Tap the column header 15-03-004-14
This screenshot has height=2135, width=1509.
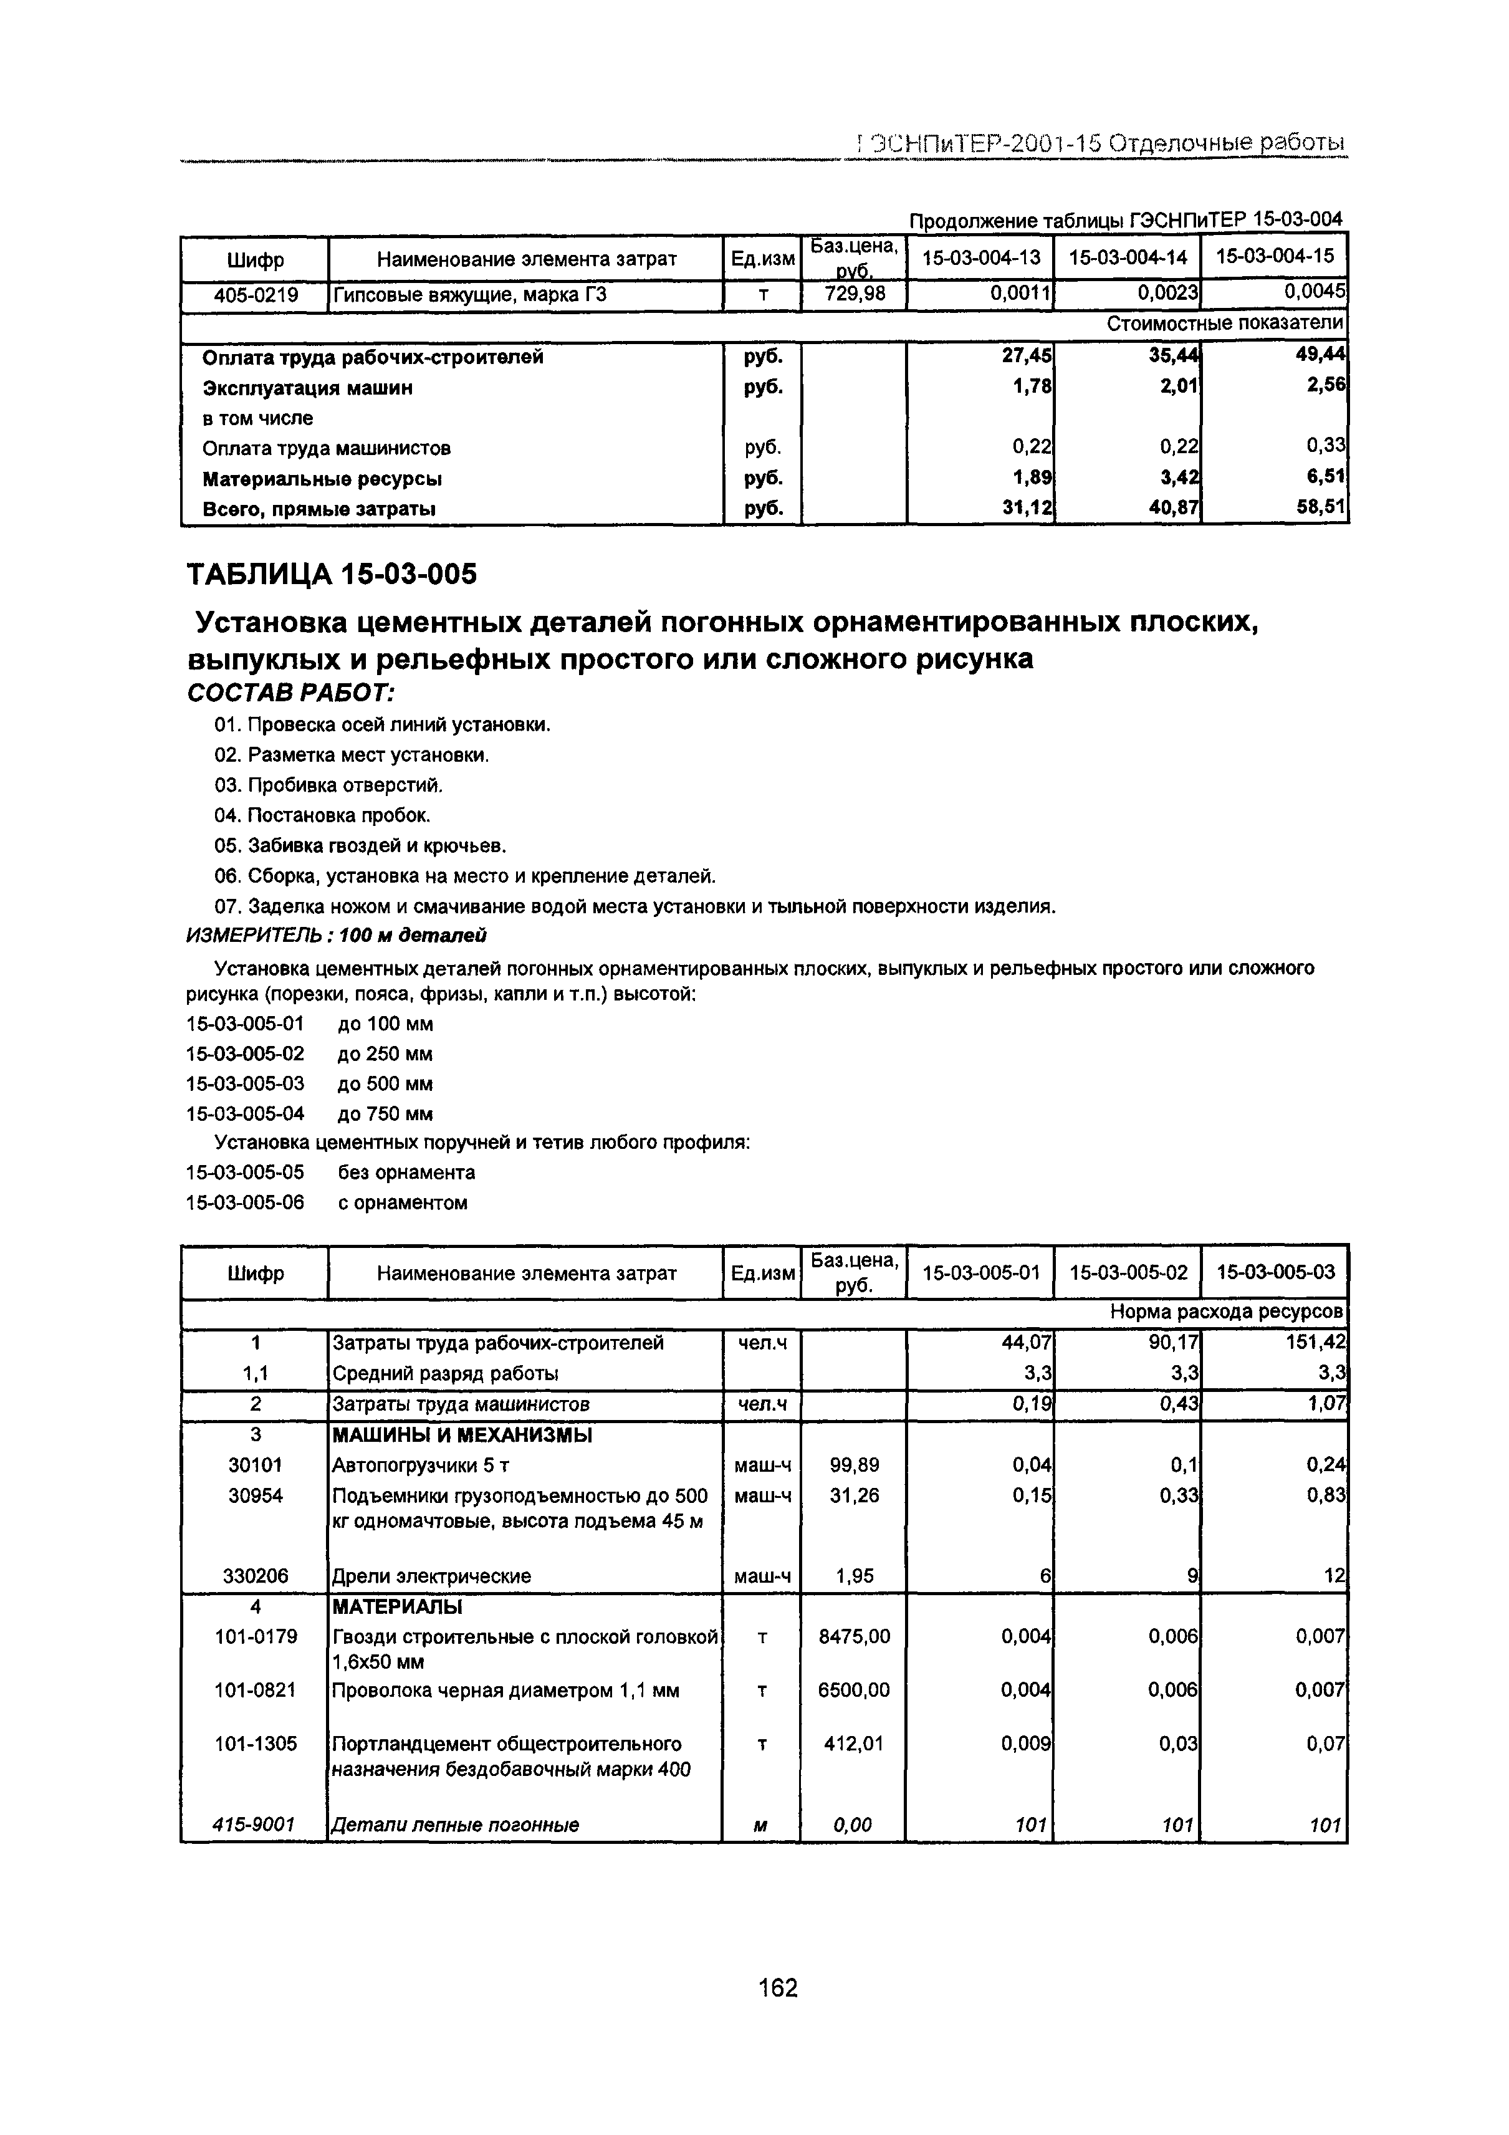click(1127, 259)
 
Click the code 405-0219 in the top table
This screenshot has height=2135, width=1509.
click(256, 295)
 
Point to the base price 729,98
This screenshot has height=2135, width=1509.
click(853, 295)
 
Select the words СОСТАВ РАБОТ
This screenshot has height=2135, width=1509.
click(291, 694)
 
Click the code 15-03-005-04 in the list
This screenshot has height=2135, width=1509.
click(246, 1114)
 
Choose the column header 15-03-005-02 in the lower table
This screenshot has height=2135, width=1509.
click(1127, 1272)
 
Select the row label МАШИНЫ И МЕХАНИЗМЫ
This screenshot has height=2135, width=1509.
click(462, 1435)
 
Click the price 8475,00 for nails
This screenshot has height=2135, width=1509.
click(853, 1636)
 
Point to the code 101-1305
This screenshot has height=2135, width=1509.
click(256, 1744)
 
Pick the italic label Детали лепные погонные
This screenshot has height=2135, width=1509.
click(456, 1825)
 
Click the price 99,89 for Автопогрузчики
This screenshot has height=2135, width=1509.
click(853, 1466)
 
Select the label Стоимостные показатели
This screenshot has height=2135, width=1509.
click(1225, 324)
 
